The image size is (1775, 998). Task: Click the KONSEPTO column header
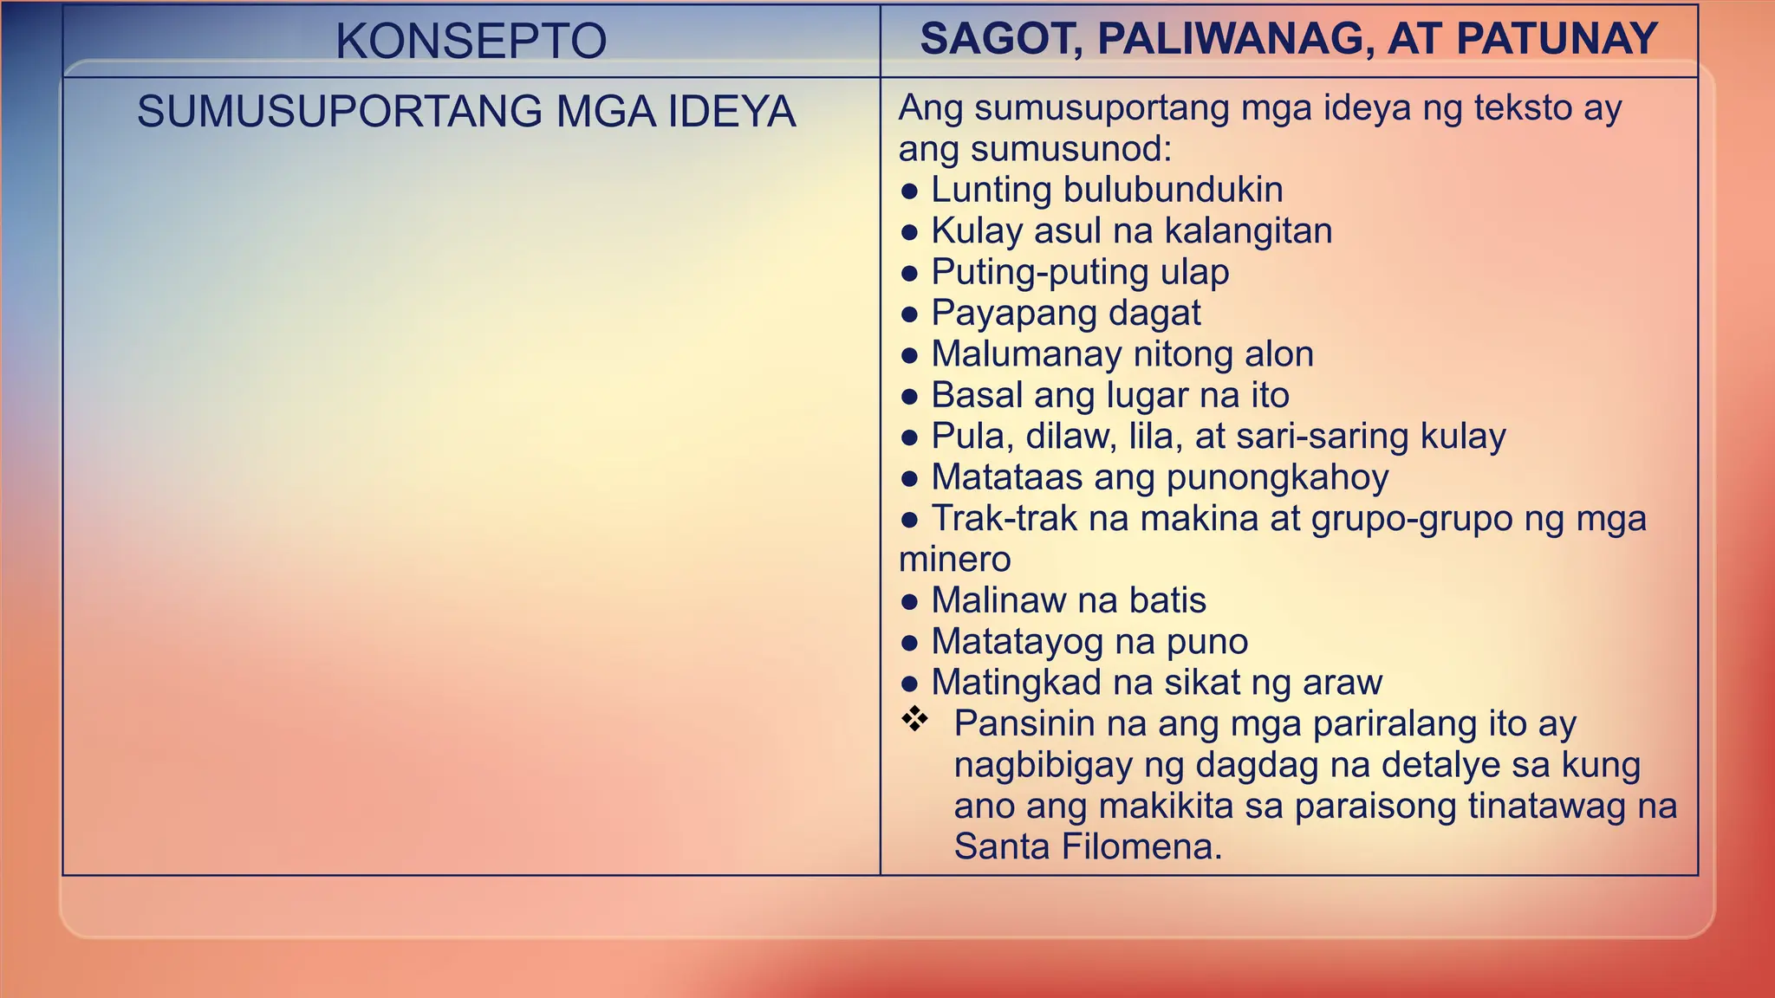coord(471,41)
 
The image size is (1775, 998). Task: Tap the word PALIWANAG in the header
coord(1230,39)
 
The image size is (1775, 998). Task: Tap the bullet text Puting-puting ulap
coord(1079,272)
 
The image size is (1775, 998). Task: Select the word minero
coord(954,560)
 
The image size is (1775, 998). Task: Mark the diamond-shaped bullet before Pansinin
coord(914,718)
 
